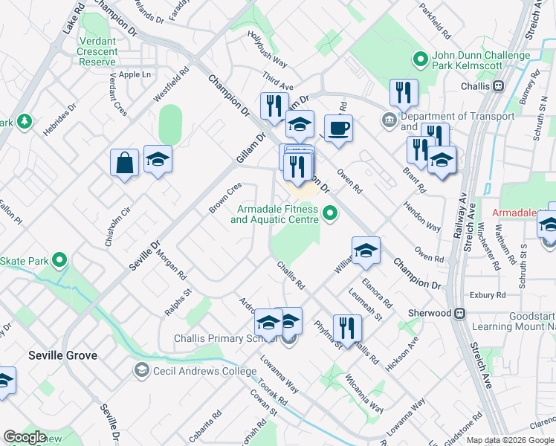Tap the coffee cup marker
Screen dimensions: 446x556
coord(338,128)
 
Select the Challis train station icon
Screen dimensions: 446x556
coord(499,85)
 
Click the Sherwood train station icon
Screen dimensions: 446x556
coord(460,313)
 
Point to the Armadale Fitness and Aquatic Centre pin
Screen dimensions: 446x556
coord(331,215)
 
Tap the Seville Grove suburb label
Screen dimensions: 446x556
coord(63,355)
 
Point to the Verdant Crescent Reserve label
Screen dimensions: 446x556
coord(97,51)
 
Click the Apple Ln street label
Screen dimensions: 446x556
coord(135,74)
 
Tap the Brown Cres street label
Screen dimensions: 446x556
coord(225,197)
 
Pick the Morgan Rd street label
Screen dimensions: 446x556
coord(172,264)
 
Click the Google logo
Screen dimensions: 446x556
coord(25,437)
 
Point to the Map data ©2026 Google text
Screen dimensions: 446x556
coord(510,440)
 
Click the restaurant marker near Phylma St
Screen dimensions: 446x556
coord(347,326)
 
